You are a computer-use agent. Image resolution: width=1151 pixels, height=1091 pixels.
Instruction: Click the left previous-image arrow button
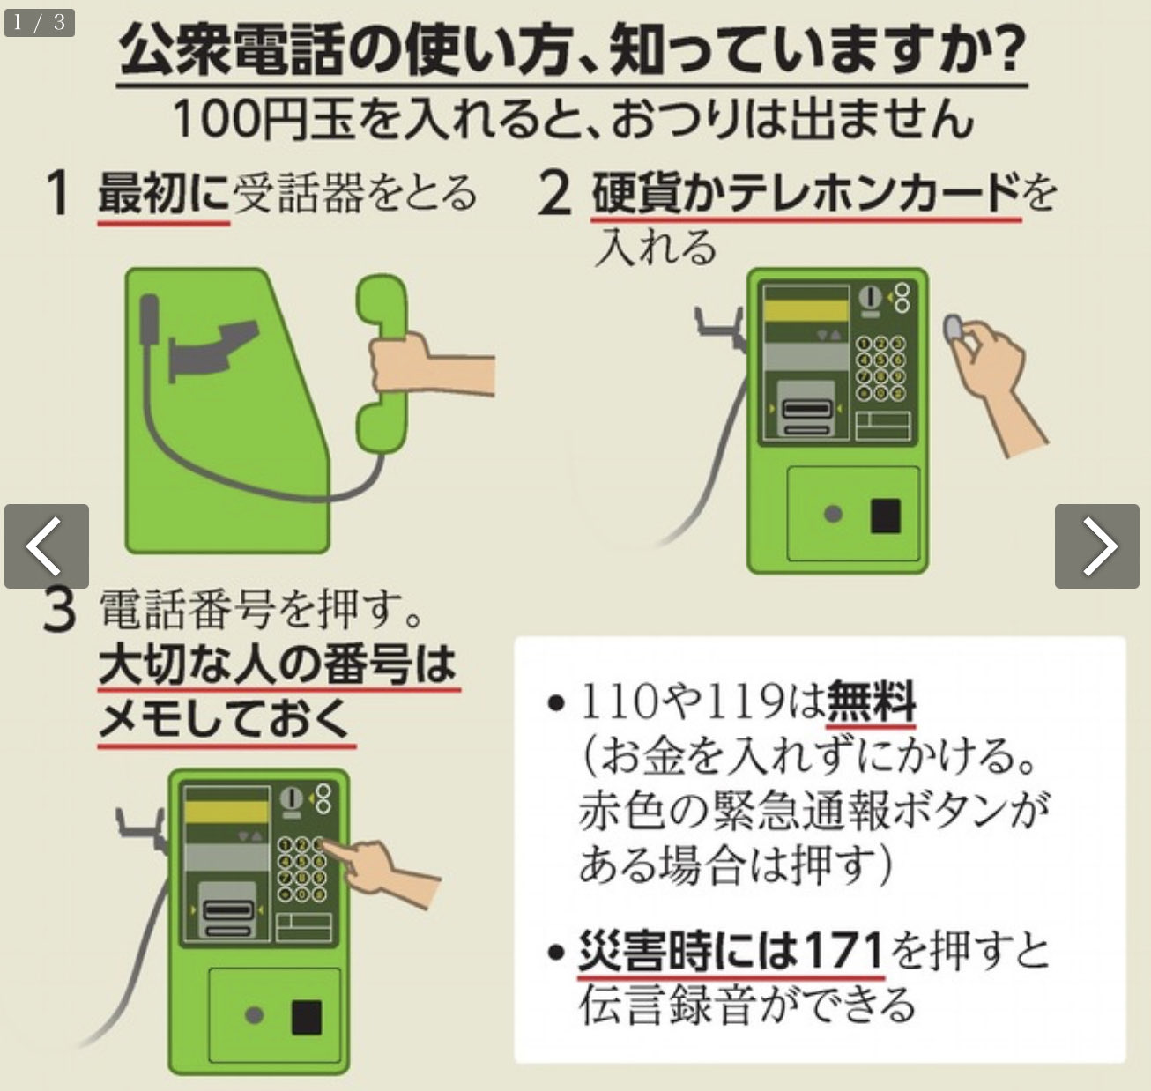[x=46, y=545]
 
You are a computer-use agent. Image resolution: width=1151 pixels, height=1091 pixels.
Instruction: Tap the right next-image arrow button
[x=1097, y=545]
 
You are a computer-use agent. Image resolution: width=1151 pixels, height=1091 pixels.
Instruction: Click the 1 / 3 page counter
[x=39, y=21]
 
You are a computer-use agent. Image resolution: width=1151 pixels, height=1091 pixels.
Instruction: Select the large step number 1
[x=58, y=194]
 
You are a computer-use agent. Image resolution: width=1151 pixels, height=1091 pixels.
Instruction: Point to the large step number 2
[x=554, y=194]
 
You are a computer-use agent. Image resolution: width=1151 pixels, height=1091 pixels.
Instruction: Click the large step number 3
[x=59, y=610]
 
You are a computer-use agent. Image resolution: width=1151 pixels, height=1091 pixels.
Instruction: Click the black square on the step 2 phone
[x=885, y=516]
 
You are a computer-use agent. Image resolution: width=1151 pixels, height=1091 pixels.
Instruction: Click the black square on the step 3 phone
[x=306, y=1017]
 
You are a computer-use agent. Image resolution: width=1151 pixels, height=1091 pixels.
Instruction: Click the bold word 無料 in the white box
[x=871, y=701]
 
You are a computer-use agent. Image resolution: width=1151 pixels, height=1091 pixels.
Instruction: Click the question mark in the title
[x=1006, y=50]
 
